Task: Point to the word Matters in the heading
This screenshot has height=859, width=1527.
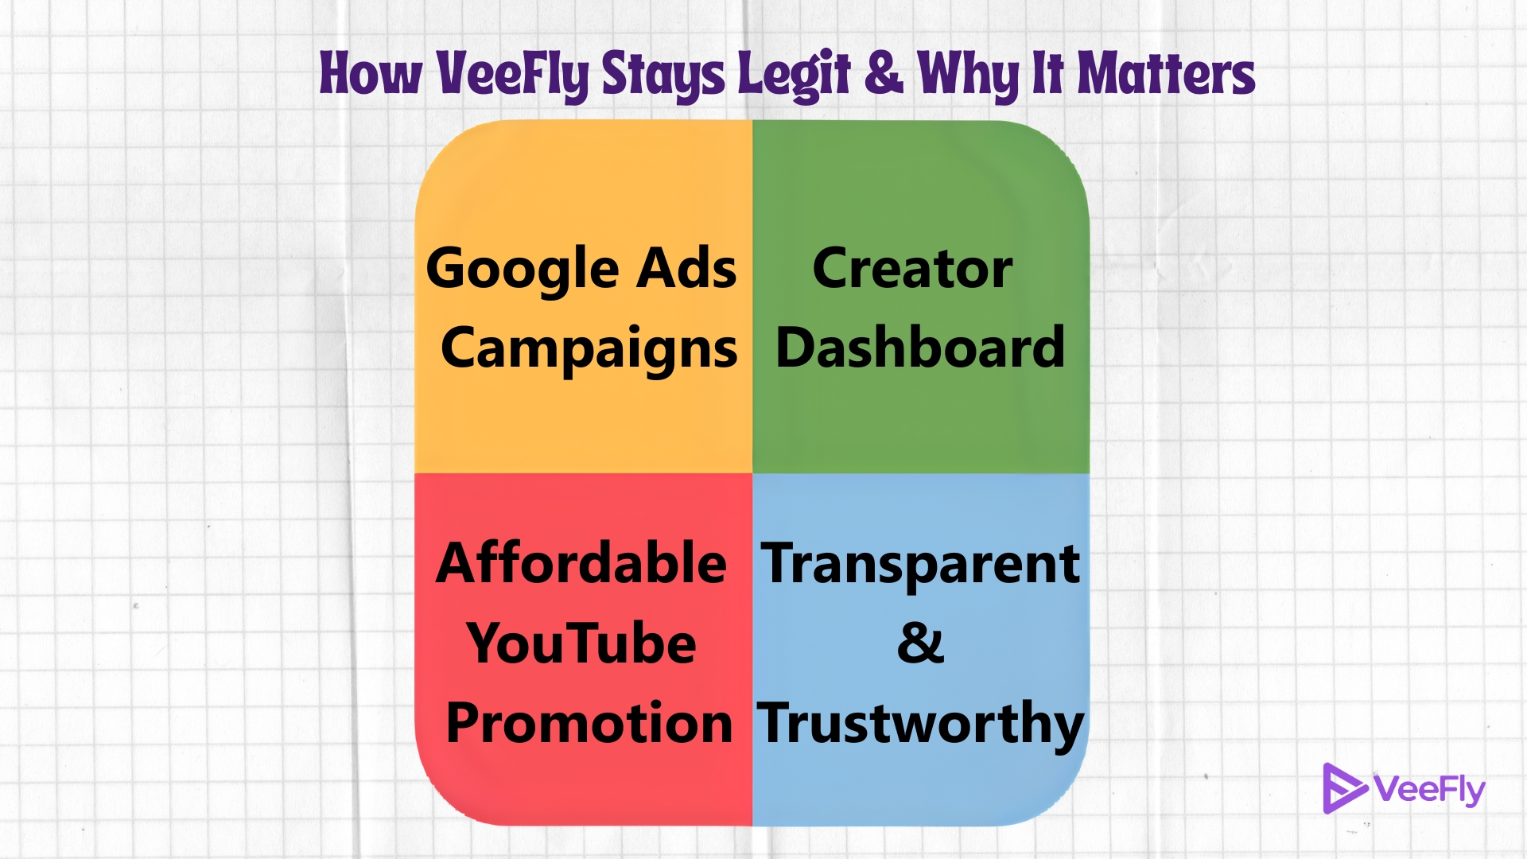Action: coord(1166,74)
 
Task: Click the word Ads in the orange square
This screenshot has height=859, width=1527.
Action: coord(688,267)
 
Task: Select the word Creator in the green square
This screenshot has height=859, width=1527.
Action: coord(912,268)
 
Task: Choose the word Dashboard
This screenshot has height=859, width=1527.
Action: coord(920,347)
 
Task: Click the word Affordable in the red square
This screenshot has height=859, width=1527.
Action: coord(581,562)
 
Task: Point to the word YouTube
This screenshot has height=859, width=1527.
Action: coord(581,643)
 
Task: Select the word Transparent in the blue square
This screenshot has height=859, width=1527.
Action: coord(920,564)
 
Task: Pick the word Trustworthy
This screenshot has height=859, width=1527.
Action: coord(920,725)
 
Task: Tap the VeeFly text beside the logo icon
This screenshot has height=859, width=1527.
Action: coord(1429,790)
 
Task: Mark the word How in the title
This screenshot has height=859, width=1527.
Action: coord(371,74)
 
